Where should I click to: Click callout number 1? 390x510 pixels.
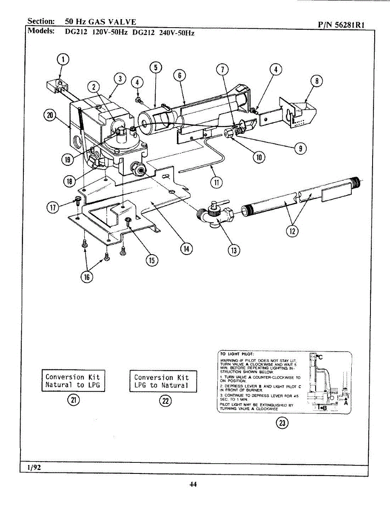click(63, 59)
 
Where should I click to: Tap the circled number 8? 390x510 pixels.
click(318, 81)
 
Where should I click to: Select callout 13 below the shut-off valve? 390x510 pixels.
click(233, 250)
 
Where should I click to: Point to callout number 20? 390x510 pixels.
click(51, 116)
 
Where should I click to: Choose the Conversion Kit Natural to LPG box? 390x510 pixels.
click(73, 381)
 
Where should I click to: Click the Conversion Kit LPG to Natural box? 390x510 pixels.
click(163, 381)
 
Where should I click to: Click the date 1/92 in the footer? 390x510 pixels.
click(34, 467)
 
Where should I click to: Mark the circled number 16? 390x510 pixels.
click(87, 277)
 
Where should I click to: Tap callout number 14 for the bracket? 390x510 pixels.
click(186, 249)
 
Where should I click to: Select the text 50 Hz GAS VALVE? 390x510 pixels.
click(100, 21)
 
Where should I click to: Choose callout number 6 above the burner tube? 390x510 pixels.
click(179, 76)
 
